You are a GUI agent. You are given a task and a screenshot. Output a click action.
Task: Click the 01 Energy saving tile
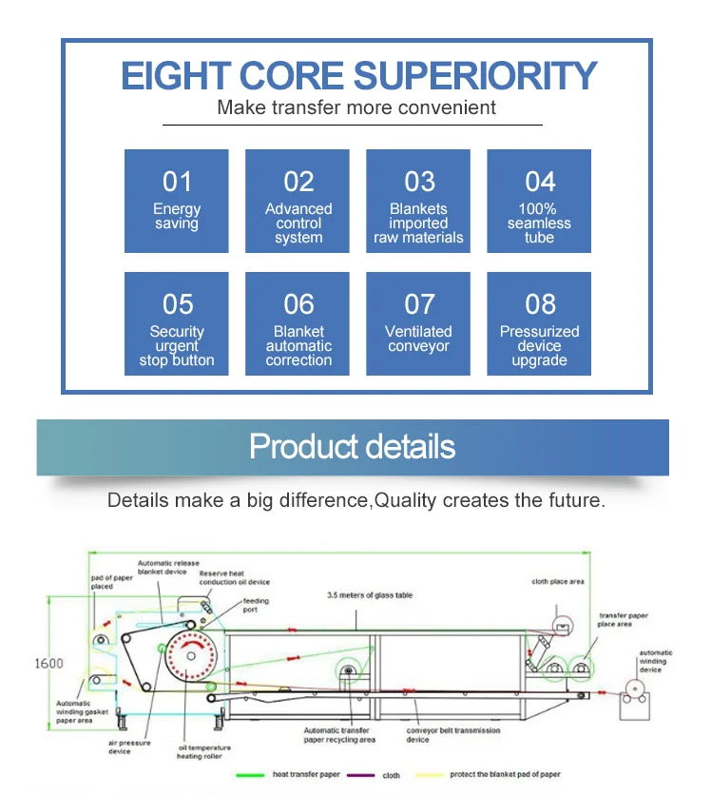click(x=177, y=201)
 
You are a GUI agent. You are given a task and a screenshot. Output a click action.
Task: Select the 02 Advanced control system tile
click(x=298, y=201)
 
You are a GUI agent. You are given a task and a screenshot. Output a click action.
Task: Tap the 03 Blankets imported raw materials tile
click(x=419, y=201)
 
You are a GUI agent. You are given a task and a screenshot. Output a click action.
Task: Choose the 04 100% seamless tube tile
click(x=540, y=201)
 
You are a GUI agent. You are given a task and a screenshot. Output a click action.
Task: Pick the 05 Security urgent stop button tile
click(x=177, y=323)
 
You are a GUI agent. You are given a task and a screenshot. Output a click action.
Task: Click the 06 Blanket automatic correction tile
click(x=298, y=323)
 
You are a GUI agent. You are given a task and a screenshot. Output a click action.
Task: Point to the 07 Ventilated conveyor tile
click(x=419, y=323)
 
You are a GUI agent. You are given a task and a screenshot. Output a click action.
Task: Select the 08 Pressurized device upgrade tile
click(x=540, y=323)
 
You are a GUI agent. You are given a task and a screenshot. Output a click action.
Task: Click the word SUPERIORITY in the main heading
click(x=473, y=76)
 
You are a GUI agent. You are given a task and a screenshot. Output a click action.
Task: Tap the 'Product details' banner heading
click(x=353, y=446)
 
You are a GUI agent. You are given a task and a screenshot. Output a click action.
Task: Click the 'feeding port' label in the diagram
click(x=256, y=606)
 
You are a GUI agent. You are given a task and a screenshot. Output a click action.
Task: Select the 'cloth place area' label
click(x=558, y=582)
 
